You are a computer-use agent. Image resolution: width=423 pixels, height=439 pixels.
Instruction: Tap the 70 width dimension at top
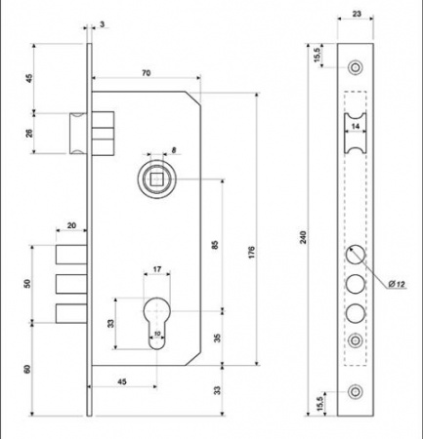tap(145, 74)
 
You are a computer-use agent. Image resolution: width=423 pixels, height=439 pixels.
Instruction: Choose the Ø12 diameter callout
tap(397, 283)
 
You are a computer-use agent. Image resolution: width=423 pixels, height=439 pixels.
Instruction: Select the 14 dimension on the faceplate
tap(356, 127)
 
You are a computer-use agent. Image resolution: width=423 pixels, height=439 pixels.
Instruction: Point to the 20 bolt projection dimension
tap(73, 226)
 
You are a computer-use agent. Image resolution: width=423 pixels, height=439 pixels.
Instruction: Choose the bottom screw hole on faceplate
tap(355, 391)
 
